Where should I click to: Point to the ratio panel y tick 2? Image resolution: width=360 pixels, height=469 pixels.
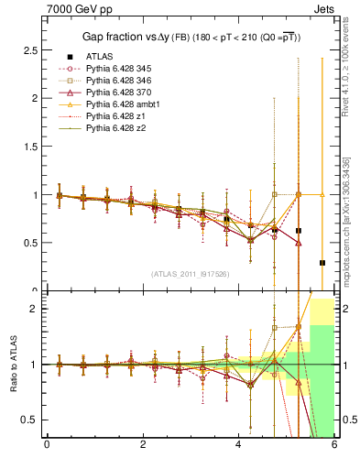pyautogui.click(x=35, y=309)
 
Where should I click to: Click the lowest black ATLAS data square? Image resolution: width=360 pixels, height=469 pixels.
pyautogui.click(x=322, y=263)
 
